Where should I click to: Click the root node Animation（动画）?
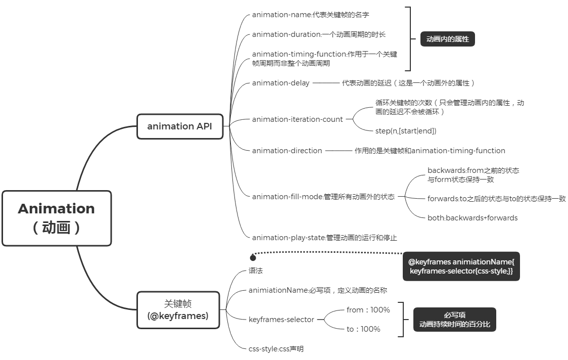[x=57, y=218]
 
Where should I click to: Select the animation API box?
[x=180, y=126]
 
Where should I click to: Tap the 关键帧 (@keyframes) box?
[x=178, y=310]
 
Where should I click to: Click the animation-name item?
[x=310, y=15]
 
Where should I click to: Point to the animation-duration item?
[x=318, y=34]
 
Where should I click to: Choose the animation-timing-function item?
[x=324, y=58]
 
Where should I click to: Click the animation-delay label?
[x=280, y=83]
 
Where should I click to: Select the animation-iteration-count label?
[x=297, y=119]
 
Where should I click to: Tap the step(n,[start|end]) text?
[x=405, y=130]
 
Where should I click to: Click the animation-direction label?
[x=287, y=150]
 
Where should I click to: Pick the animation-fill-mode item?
[x=323, y=197]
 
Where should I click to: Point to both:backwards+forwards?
[x=472, y=218]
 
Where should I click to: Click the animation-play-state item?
[x=324, y=237]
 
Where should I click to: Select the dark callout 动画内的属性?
[x=447, y=39]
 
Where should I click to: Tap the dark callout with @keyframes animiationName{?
[x=461, y=266]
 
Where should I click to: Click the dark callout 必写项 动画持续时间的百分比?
[x=454, y=320]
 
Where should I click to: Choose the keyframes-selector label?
[x=281, y=319]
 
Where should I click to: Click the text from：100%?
[x=368, y=309]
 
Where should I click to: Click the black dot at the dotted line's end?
[x=253, y=258]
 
